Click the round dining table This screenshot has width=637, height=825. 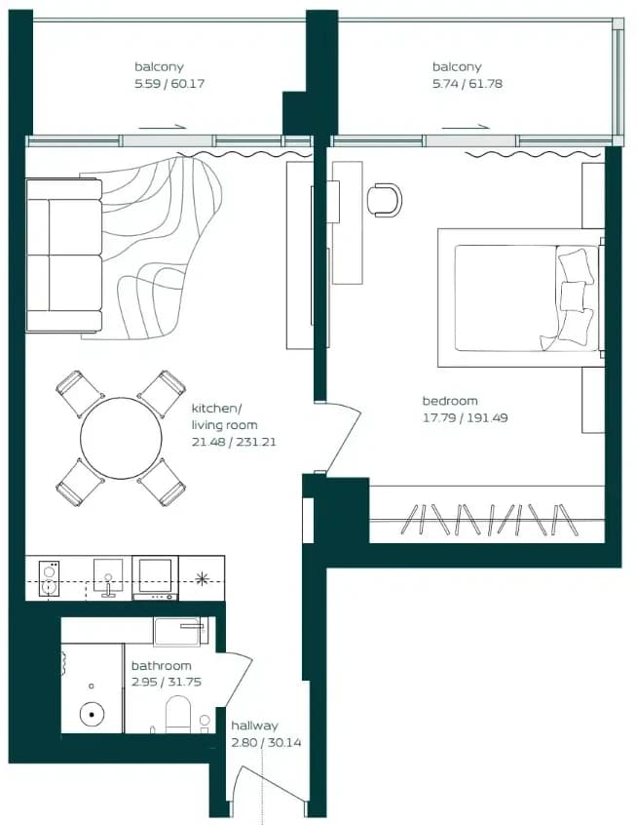tap(121, 438)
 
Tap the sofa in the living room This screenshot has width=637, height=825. tap(64, 255)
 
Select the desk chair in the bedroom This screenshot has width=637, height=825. tap(384, 199)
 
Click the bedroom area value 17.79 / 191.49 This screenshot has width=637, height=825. tap(466, 418)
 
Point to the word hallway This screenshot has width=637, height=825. tap(254, 726)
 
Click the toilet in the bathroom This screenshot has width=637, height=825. tap(177, 715)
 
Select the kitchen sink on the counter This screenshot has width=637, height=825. tap(108, 577)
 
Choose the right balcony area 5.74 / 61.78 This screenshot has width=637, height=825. tap(468, 84)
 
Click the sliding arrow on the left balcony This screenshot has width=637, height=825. tap(163, 126)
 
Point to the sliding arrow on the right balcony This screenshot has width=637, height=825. tap(466, 126)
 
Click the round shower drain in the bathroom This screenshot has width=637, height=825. tap(92, 715)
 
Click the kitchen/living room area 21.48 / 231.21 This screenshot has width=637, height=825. tap(234, 443)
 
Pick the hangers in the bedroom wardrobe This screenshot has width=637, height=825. tap(489, 520)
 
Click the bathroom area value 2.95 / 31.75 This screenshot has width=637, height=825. tap(167, 682)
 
